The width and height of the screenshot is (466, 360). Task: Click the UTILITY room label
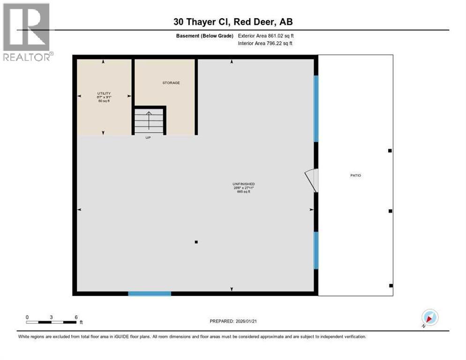pos(104,94)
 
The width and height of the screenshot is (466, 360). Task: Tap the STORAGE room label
pos(171,83)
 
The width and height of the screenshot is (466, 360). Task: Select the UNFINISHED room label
pos(243,184)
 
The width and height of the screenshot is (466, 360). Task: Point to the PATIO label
pos(356,175)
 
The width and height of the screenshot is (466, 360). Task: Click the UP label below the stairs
pos(148,137)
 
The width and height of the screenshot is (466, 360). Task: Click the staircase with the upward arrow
pos(149,120)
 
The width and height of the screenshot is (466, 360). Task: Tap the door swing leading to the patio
pos(312,180)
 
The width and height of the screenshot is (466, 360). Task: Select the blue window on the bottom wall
pos(150,294)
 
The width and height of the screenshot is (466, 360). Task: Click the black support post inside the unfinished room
pos(196,242)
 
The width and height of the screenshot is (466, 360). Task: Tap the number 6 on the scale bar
pos(75,317)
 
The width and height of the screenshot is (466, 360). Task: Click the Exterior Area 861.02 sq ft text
pos(266,36)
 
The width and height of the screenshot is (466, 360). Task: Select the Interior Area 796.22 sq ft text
pos(266,44)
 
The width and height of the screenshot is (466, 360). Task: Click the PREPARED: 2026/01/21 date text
pos(234,321)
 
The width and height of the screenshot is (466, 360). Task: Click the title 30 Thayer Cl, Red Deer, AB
pos(233,22)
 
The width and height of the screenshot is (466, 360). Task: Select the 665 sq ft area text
pos(243,192)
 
